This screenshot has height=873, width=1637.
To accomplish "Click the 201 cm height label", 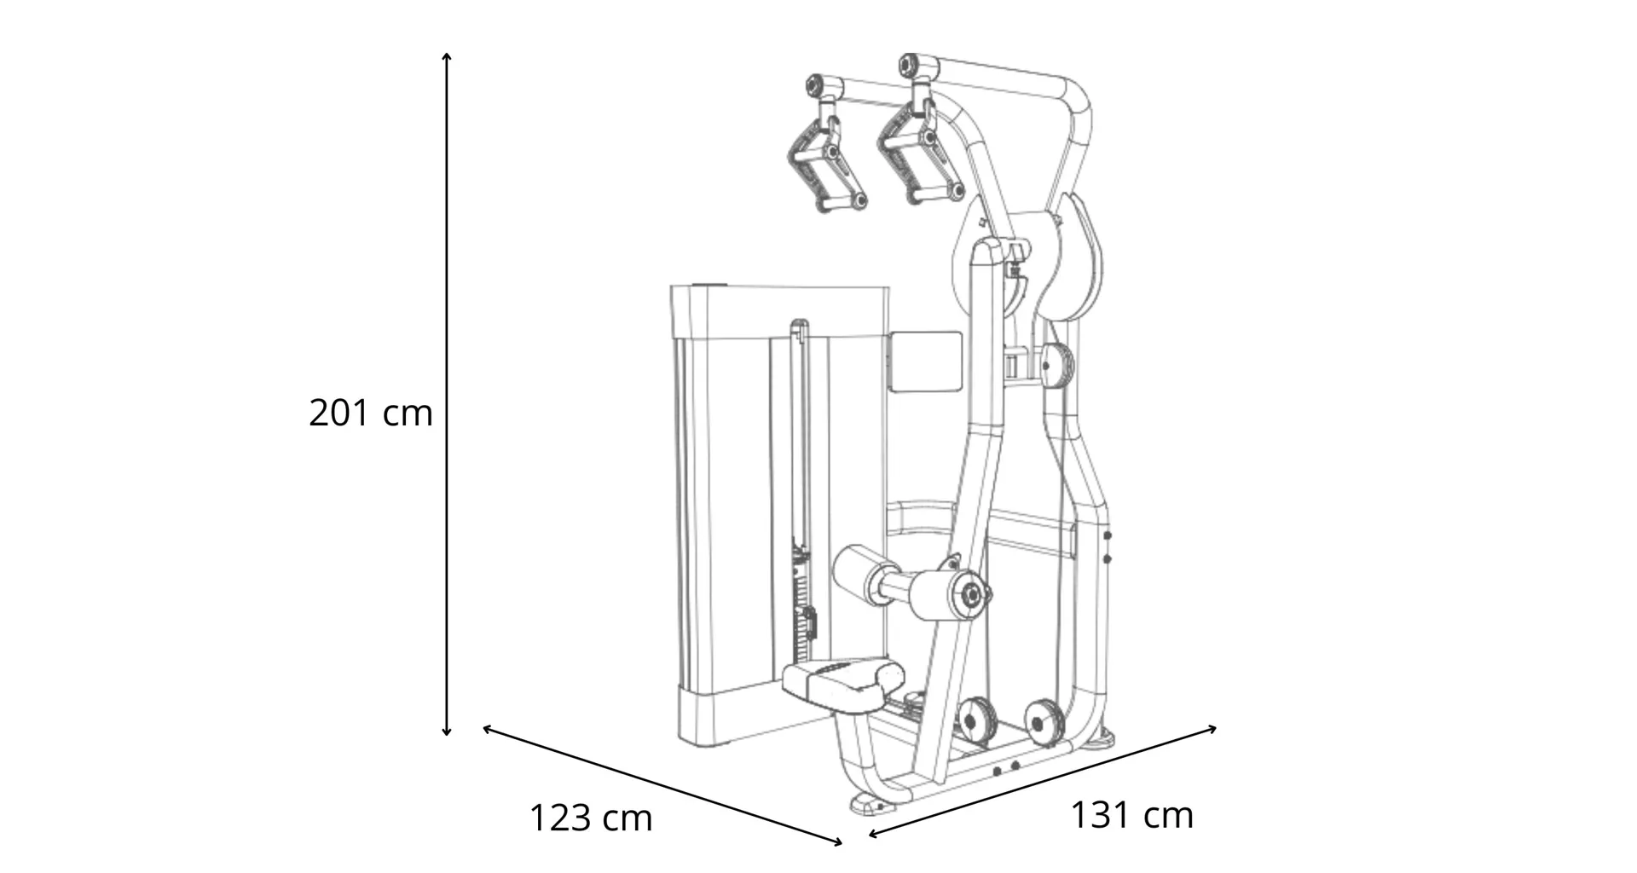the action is pyautogui.click(x=371, y=413).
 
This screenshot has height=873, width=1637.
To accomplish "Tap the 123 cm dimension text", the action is pyautogui.click(x=591, y=818).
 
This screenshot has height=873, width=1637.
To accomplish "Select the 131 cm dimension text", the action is pyautogui.click(x=1131, y=815).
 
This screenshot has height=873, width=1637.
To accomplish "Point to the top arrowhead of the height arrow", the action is pyautogui.click(x=446, y=56).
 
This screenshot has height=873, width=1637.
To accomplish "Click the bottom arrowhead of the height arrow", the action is pyautogui.click(x=446, y=731).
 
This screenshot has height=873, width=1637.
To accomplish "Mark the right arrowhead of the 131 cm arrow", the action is pyautogui.click(x=1212, y=728).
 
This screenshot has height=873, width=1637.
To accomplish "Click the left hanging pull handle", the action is pyautogui.click(x=825, y=157).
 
